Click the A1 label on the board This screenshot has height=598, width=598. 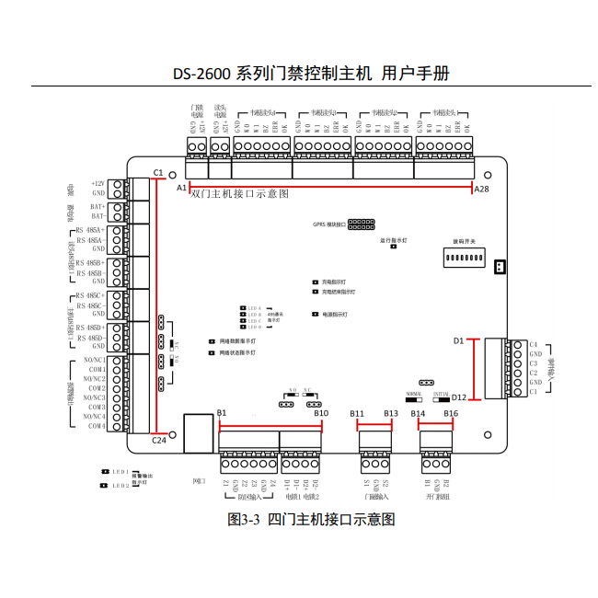[181, 187]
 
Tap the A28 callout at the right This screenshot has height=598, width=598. [482, 188]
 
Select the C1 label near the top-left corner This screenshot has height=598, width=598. [158, 172]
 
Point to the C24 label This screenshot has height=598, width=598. [158, 440]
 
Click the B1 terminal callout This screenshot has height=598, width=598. [222, 414]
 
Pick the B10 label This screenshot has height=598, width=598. [320, 414]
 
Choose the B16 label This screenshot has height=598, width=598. [450, 414]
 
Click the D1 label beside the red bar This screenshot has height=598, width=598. [459, 340]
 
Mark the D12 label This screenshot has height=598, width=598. [460, 397]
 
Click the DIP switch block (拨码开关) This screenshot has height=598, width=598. [465, 261]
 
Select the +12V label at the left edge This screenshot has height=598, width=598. [98, 184]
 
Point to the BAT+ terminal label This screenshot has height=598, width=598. [98, 208]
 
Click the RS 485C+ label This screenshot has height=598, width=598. [91, 295]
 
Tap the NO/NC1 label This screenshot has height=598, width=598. [94, 360]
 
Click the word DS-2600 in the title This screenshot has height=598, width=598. [202, 74]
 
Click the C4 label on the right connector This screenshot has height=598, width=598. [534, 344]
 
